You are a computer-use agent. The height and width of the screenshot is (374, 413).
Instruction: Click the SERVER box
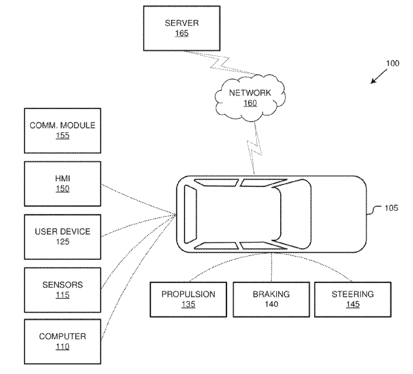pos(182,27)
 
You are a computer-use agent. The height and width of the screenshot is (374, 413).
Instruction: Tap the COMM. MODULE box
pos(63,130)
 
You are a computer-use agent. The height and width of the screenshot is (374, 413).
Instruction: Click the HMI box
pos(63,183)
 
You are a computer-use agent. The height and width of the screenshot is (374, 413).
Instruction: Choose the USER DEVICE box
pos(63,236)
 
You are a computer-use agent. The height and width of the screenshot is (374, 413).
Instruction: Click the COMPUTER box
pos(63,341)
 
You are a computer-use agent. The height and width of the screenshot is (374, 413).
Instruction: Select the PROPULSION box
pos(188,299)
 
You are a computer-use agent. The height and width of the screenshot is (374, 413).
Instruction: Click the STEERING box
pos(352,299)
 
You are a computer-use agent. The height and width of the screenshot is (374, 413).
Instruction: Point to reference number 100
pos(392,64)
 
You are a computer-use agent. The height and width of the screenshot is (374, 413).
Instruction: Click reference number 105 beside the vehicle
pos(391,208)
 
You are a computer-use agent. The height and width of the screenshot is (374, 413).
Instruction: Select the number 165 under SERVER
pos(182,33)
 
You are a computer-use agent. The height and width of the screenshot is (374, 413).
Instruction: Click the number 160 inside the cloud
pos(250,103)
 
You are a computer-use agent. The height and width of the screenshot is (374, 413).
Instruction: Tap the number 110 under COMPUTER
pos(63,347)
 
